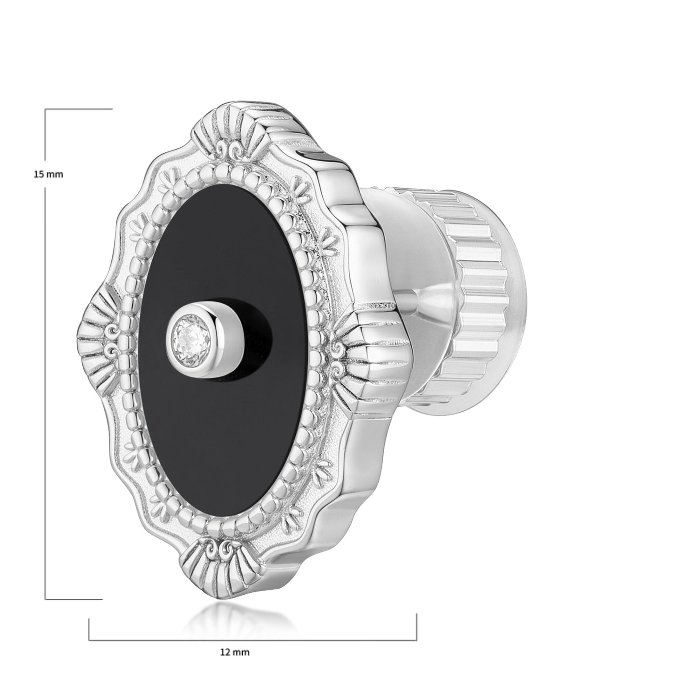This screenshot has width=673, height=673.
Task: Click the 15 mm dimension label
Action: click(48, 174)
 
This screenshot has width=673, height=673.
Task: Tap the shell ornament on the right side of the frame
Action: click(360, 353)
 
